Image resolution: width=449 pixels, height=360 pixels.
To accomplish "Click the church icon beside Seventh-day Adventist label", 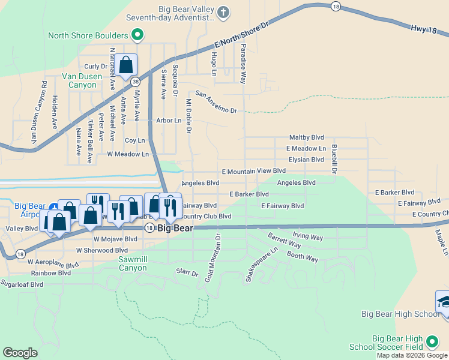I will click(223, 12).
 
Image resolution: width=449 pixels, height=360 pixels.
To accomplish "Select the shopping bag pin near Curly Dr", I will click(127, 65).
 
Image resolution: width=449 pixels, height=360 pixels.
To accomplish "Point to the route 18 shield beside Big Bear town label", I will click(148, 228).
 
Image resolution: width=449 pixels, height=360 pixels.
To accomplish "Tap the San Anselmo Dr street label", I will click(216, 102).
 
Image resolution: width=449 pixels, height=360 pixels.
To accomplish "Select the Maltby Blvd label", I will click(306, 137).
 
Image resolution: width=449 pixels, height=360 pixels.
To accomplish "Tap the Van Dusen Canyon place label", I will click(79, 80).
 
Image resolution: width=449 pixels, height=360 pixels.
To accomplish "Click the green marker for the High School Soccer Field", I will click(432, 342).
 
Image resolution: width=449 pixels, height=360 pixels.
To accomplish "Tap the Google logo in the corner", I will click(20, 352).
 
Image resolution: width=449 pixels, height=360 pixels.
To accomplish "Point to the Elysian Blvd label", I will click(306, 160).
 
